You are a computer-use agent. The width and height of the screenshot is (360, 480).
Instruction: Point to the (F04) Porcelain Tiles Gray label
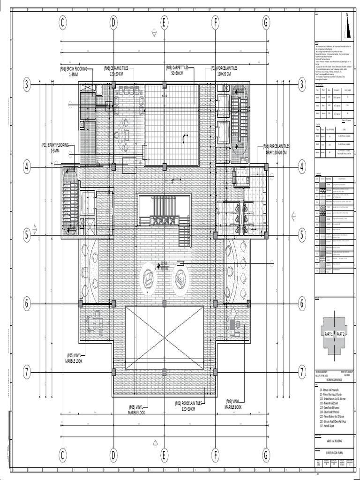[276, 149]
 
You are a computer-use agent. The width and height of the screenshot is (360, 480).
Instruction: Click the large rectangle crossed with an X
[165, 331]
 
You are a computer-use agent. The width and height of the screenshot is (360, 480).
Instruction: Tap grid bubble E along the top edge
[165, 22]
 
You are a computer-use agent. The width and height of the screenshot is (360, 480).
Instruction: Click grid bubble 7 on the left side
[27, 373]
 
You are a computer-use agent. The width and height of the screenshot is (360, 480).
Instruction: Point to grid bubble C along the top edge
[62, 22]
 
